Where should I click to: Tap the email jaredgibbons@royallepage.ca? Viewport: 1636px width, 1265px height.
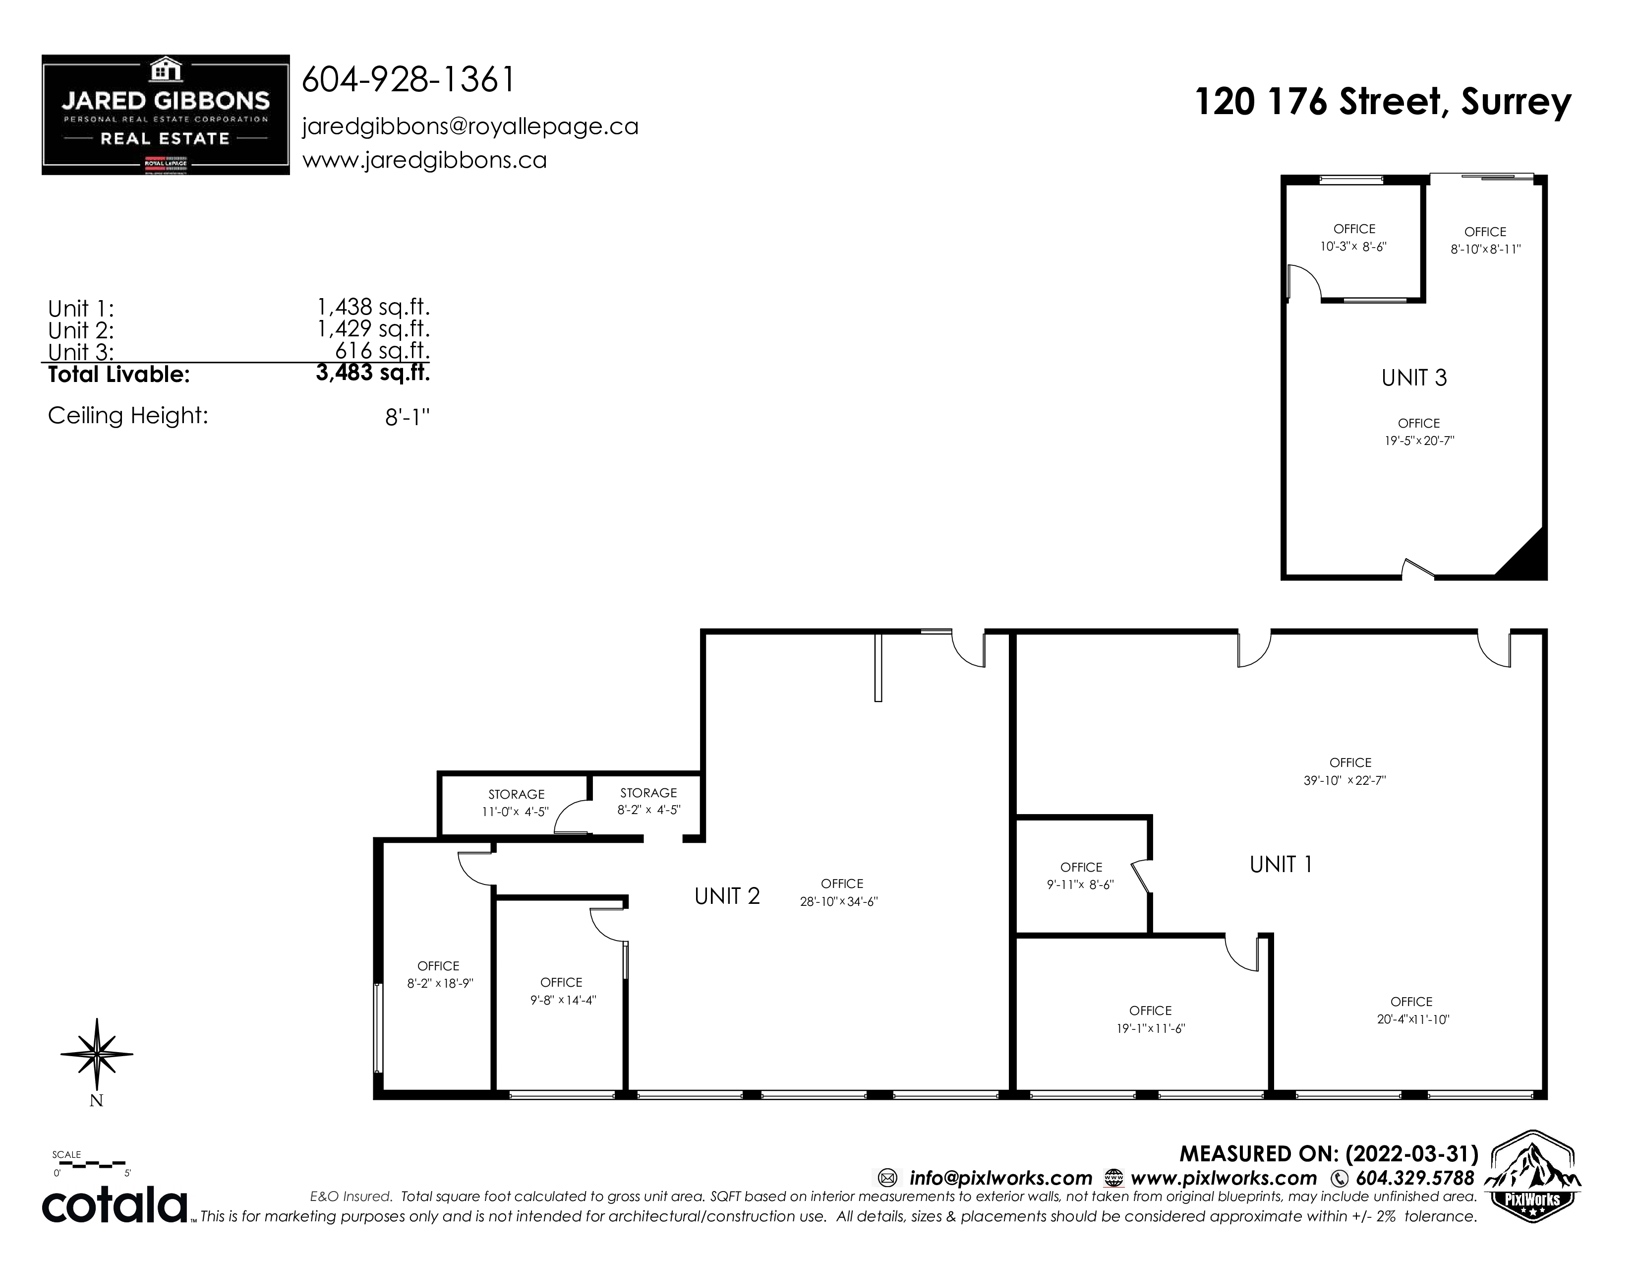tap(470, 126)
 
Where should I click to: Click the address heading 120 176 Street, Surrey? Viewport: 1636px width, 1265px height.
tap(1383, 101)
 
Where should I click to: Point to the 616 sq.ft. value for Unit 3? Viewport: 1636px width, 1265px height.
tap(382, 350)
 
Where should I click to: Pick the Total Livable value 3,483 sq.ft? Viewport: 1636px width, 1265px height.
tap(373, 373)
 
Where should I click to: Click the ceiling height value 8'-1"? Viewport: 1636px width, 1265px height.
tap(408, 417)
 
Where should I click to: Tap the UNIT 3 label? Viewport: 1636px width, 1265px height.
tap(1414, 378)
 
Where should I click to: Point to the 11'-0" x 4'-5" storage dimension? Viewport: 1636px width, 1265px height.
tap(516, 812)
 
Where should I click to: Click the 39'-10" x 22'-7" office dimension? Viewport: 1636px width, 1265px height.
tap(1344, 780)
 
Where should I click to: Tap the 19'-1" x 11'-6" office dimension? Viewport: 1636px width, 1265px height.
tap(1151, 1029)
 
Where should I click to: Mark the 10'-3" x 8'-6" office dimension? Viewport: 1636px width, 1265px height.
tap(1353, 246)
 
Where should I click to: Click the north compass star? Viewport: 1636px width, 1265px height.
tap(97, 1054)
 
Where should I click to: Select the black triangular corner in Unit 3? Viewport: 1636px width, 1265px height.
tap(1525, 556)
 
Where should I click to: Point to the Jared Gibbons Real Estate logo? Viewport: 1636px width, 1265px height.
tap(166, 115)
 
